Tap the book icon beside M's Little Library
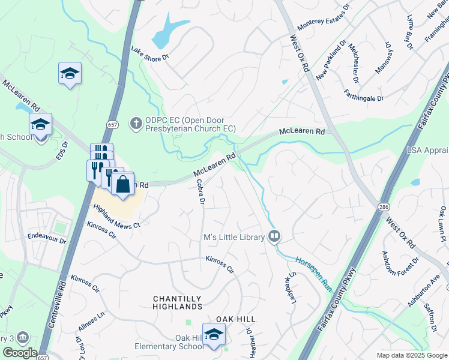pyautogui.click(x=274, y=237)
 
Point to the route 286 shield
pyautogui.click(x=382, y=206)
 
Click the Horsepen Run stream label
pyautogui.click(x=313, y=272)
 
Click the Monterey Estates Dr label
pyautogui.click(x=324, y=19)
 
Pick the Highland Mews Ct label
pyautogui.click(x=116, y=216)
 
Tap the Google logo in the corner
pyautogui.click(x=19, y=353)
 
